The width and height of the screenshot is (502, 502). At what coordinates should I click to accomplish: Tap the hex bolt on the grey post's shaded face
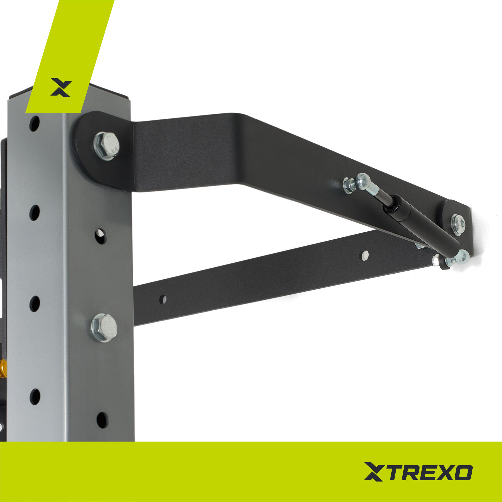[x=104, y=328]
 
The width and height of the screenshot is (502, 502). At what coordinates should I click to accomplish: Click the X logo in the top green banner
[x=61, y=87]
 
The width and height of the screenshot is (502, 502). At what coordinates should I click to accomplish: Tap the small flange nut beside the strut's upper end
[x=349, y=185]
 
